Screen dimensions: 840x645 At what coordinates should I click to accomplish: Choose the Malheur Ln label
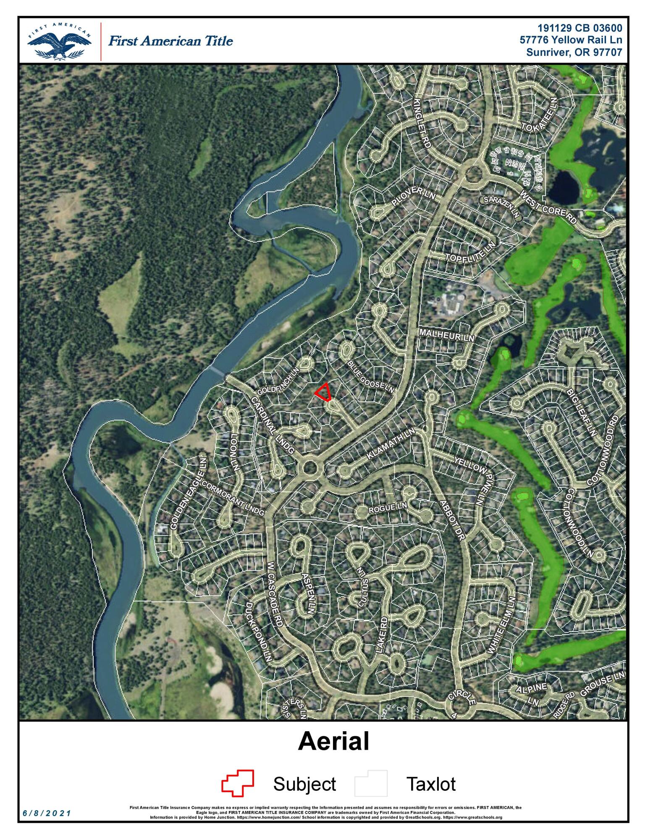tap(446, 335)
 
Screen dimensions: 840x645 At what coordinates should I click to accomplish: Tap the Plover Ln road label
tap(413, 196)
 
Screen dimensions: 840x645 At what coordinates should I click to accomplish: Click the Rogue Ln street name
tap(388, 508)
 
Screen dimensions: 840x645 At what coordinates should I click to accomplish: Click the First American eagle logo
tap(59, 42)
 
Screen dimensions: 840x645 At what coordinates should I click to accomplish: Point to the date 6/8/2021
tap(47, 813)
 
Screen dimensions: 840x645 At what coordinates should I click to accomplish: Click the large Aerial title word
tap(333, 741)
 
